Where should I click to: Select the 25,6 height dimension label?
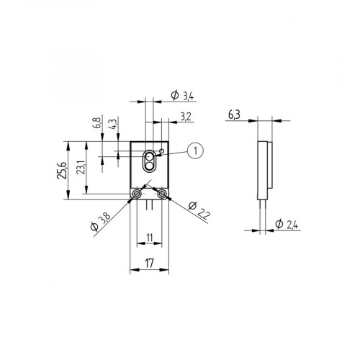pos(63,171)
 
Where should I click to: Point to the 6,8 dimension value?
pos(96,123)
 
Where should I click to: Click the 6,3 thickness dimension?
pos(233,114)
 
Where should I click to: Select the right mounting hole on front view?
pos(163,195)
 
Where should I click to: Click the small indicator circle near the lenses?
pos(162,152)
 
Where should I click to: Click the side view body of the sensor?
pos(264,170)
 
